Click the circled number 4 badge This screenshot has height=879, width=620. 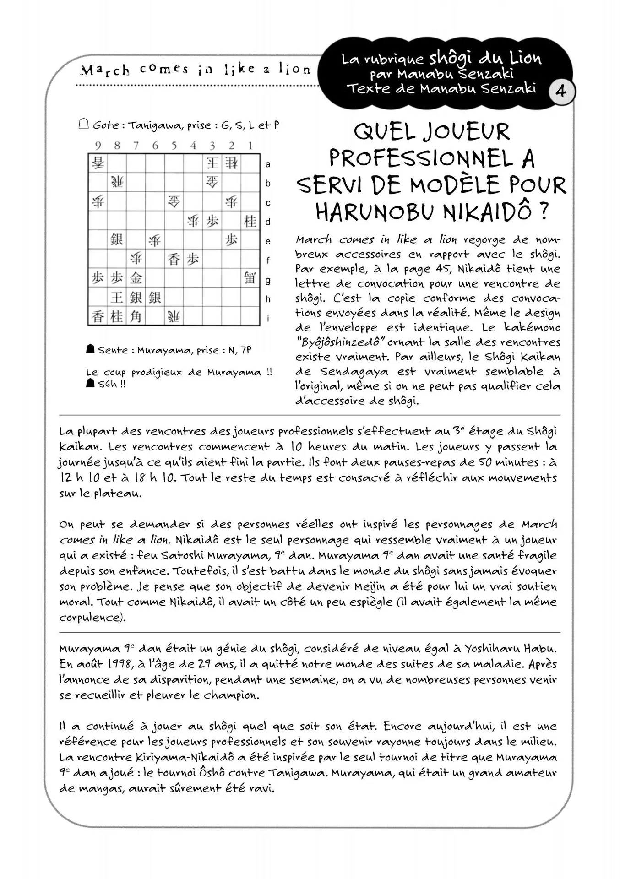[x=561, y=92]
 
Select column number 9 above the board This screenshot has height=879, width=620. [x=98, y=146]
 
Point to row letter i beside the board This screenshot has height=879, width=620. [x=268, y=318]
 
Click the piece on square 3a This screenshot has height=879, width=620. [x=212, y=163]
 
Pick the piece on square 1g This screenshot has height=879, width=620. [x=250, y=278]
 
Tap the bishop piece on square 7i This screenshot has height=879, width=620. [x=136, y=316]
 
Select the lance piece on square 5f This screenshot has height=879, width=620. [x=174, y=259]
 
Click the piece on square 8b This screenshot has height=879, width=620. [x=117, y=182]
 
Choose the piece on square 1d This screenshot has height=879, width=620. [x=250, y=221]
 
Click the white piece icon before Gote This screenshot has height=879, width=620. [x=83, y=124]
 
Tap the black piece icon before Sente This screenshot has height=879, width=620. [x=90, y=349]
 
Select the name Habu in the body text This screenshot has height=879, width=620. [x=541, y=649]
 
